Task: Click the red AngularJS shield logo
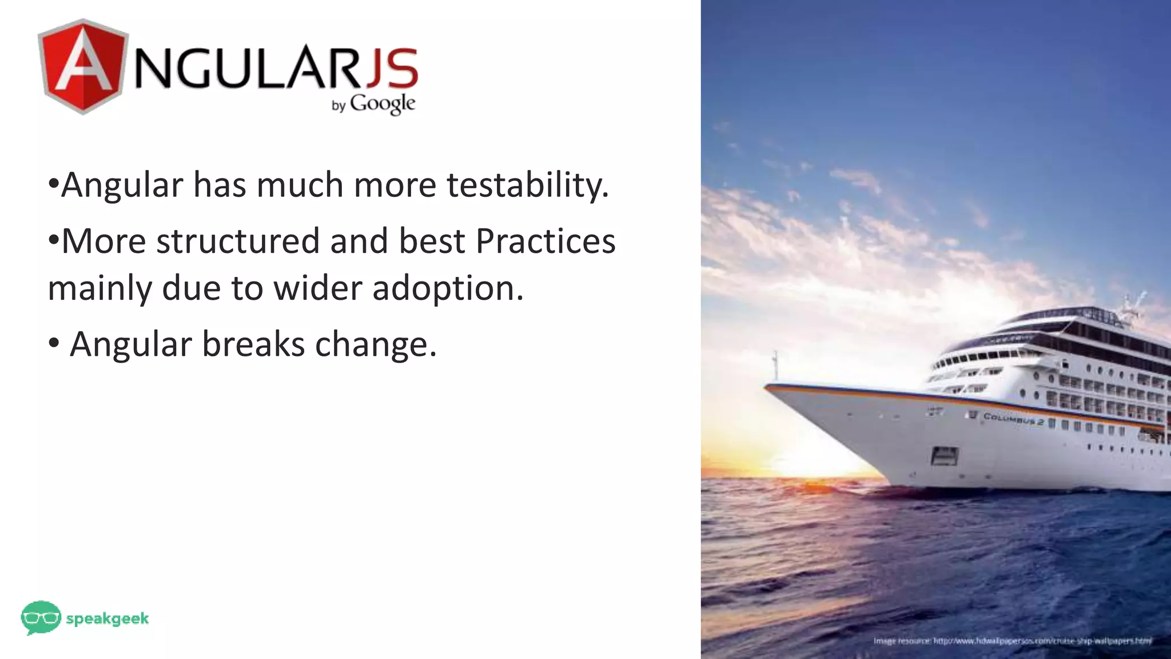point(82,66)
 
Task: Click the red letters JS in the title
point(391,67)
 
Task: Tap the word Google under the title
point(383,104)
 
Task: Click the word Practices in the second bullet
point(545,241)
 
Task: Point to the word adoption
point(448,288)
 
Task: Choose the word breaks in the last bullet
point(253,344)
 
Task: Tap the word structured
point(237,241)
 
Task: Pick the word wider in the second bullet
point(317,288)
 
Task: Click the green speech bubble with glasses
point(41,617)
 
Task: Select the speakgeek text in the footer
point(107,618)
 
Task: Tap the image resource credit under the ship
point(1012,641)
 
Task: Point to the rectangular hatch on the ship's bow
point(945,456)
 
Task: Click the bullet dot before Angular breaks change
point(54,344)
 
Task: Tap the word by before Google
point(338,106)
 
